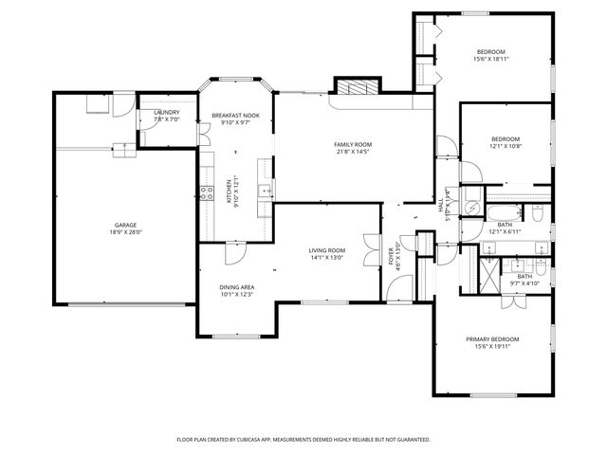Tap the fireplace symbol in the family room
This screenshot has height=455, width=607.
357,87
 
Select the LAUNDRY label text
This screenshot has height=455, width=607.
166,113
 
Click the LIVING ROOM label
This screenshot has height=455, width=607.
325,250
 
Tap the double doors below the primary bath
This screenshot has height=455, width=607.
512,300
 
